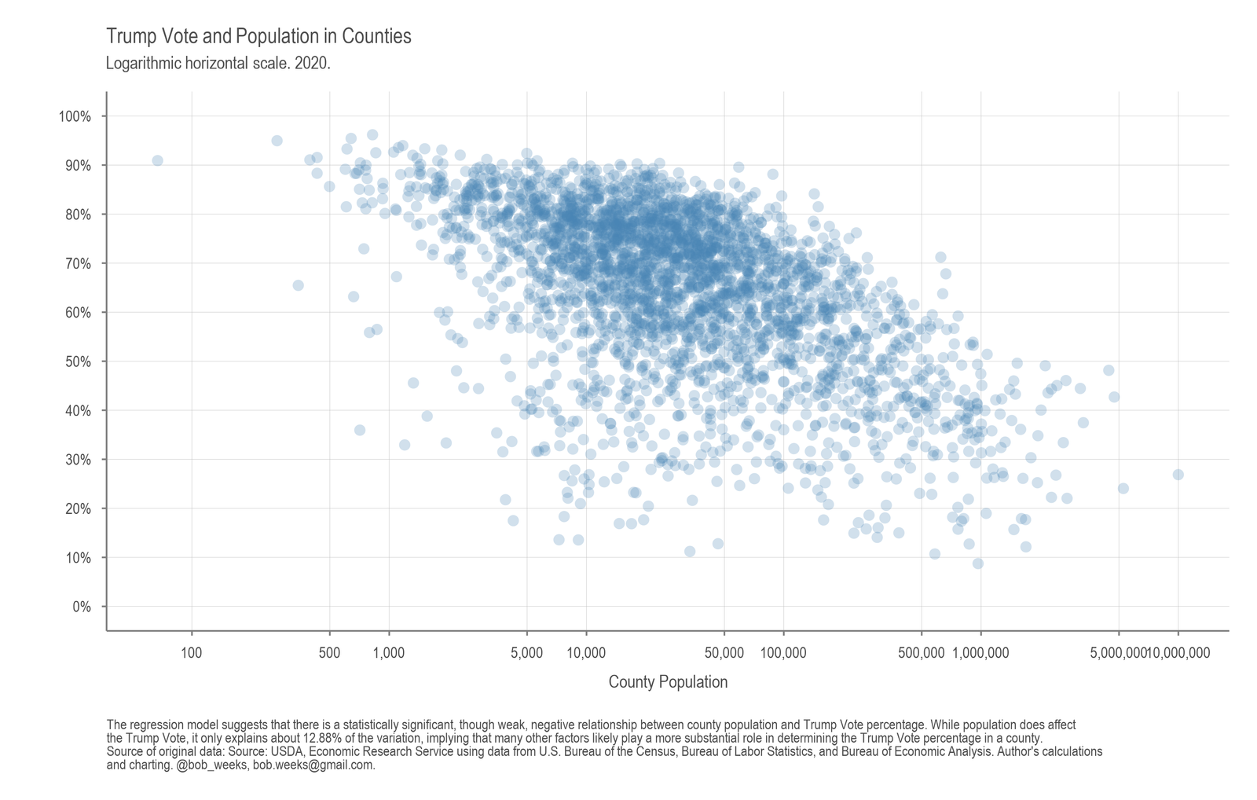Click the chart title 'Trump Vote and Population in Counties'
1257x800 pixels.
click(x=258, y=36)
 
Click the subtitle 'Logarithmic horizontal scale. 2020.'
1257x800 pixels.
click(x=218, y=64)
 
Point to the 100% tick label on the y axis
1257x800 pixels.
click(x=75, y=117)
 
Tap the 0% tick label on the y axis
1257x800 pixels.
click(x=82, y=607)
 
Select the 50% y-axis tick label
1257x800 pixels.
click(x=78, y=362)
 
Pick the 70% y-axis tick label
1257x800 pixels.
click(x=78, y=264)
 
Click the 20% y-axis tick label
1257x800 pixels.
click(x=78, y=509)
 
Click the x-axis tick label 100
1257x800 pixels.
click(x=192, y=653)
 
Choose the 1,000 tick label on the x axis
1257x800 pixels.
click(x=389, y=653)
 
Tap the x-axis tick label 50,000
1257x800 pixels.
click(x=724, y=653)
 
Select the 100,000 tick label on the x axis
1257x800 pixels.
click(x=783, y=653)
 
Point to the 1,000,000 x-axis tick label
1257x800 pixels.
click(x=980, y=653)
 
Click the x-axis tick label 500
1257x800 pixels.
click(x=329, y=653)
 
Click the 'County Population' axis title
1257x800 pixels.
click(x=668, y=682)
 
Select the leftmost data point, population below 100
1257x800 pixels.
click(x=157, y=160)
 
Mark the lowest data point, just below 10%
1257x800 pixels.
click(x=978, y=563)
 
